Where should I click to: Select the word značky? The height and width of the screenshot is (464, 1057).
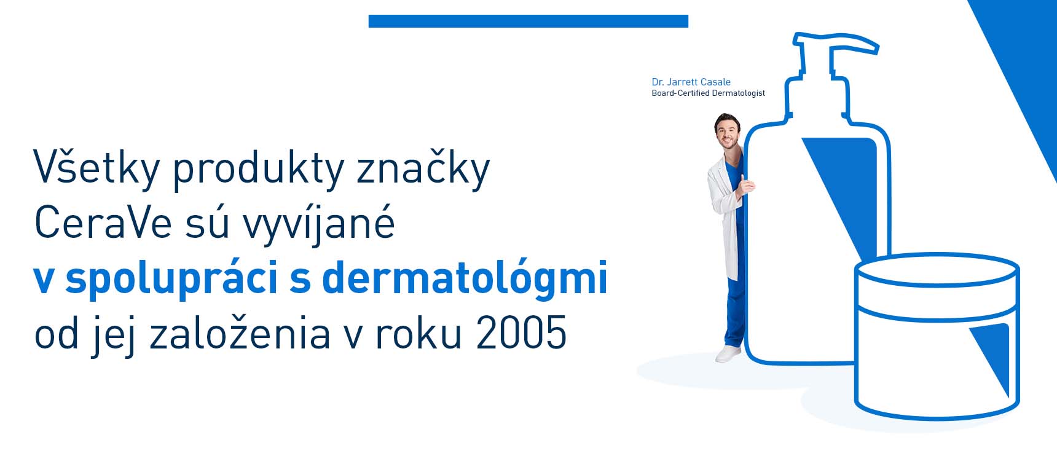(x=423, y=167)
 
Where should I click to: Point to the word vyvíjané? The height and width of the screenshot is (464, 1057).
(x=319, y=224)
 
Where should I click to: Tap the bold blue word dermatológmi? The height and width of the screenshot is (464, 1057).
(x=465, y=277)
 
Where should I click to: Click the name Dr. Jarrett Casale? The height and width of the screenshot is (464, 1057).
(x=691, y=82)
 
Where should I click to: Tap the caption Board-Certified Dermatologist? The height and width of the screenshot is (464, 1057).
(x=708, y=93)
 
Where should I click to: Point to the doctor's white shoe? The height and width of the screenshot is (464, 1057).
(x=728, y=353)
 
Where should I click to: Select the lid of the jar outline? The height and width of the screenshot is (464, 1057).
(x=937, y=270)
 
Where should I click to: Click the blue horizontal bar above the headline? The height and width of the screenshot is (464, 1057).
(x=528, y=21)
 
